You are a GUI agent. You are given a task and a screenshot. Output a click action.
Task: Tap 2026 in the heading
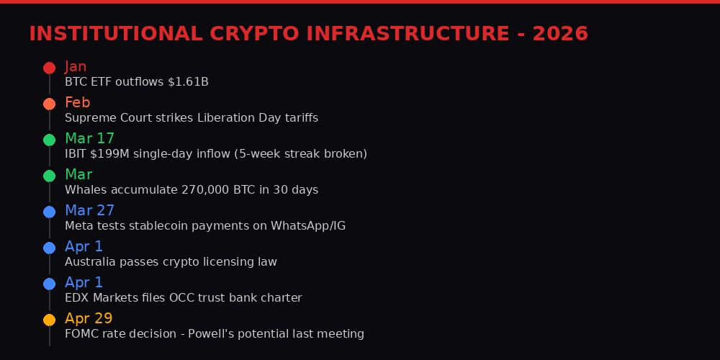(x=560, y=34)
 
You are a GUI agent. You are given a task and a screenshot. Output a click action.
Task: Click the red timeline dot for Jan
(x=49, y=68)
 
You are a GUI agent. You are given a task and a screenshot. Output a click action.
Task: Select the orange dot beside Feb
(x=49, y=104)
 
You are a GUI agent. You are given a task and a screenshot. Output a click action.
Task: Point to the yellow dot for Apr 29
(x=49, y=320)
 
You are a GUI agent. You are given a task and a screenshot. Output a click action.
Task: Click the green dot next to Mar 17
(x=49, y=140)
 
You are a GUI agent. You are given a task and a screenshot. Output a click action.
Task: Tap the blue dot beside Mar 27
(x=49, y=212)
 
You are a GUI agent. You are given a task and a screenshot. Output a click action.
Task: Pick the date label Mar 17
(x=89, y=138)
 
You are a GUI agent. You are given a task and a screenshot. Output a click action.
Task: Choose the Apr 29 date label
(x=89, y=318)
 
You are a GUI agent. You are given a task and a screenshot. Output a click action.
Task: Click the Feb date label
(x=77, y=102)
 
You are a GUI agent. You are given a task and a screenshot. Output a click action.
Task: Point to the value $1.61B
(x=188, y=82)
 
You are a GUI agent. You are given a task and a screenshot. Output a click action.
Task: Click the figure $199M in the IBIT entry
(x=107, y=154)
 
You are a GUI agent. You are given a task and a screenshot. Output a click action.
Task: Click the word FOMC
(x=81, y=334)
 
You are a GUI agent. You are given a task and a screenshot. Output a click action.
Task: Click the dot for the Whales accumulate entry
(x=49, y=176)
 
